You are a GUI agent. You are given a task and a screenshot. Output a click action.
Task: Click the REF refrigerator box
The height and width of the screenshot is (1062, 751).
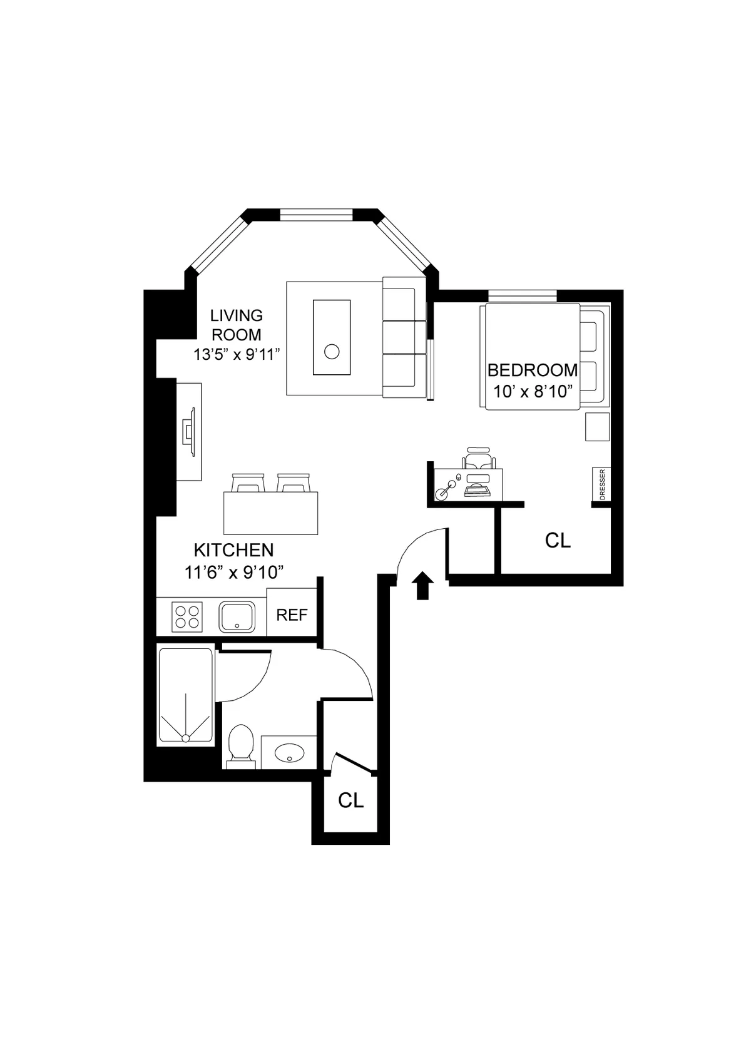292,615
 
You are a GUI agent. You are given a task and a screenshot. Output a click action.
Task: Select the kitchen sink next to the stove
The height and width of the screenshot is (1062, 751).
237,616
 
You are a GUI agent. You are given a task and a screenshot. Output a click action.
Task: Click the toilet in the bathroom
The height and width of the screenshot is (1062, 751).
241,744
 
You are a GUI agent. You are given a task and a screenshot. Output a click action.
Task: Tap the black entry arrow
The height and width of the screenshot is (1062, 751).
424,585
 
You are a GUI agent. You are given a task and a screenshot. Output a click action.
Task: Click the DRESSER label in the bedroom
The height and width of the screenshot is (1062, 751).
602,484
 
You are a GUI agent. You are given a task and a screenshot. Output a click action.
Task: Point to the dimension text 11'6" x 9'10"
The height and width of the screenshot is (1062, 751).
235,571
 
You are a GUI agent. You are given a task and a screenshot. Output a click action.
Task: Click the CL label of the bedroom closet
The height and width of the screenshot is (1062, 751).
558,540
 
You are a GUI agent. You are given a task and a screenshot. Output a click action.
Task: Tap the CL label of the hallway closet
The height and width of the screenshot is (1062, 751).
350,800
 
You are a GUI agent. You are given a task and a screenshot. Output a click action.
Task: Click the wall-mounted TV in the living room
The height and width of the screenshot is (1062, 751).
189,432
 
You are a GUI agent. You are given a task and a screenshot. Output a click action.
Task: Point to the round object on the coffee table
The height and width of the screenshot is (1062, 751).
332,352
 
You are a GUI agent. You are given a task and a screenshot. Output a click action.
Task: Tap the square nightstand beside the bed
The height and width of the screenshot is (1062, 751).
597,426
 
